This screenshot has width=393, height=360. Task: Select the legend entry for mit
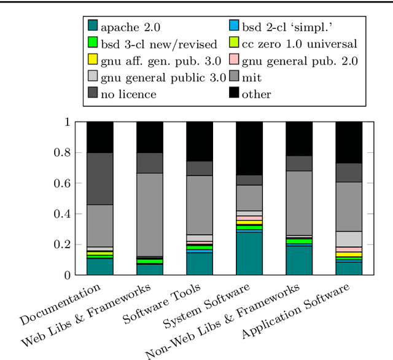tap(251, 77)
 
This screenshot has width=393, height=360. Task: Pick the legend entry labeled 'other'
tap(256, 94)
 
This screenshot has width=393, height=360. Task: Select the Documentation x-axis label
tap(60, 304)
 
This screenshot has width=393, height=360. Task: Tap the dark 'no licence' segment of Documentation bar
tap(99, 179)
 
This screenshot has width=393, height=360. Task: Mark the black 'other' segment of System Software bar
tap(249, 148)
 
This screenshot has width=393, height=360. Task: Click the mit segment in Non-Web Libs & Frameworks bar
tap(299, 203)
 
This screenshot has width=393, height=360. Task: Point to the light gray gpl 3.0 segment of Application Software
tap(349, 239)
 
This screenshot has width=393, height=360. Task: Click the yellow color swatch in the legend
tap(93, 60)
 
